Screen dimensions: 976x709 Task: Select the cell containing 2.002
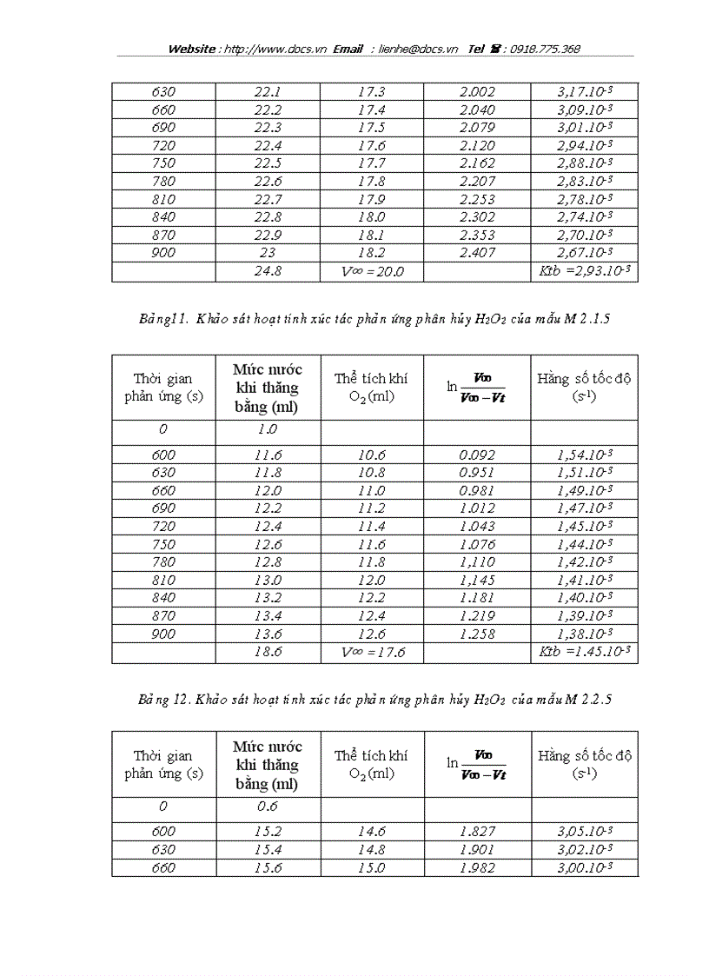(477, 92)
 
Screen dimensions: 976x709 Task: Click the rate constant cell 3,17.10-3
(585, 92)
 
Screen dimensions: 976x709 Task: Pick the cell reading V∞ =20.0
(372, 272)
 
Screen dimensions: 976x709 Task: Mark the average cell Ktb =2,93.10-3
(585, 272)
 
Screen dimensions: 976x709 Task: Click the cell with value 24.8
(267, 272)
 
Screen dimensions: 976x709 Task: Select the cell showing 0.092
(477, 455)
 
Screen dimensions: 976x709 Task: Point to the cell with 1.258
(477, 634)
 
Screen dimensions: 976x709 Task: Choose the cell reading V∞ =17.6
(372, 652)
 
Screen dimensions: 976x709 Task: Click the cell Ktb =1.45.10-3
(585, 652)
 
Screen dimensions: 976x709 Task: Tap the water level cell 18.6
(267, 652)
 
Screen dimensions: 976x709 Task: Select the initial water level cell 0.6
(267, 807)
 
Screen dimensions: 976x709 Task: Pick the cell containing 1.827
(477, 832)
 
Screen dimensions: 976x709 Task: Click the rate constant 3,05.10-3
(585, 832)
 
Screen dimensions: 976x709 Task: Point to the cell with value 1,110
(477, 562)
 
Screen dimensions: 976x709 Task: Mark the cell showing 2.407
(477, 253)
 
